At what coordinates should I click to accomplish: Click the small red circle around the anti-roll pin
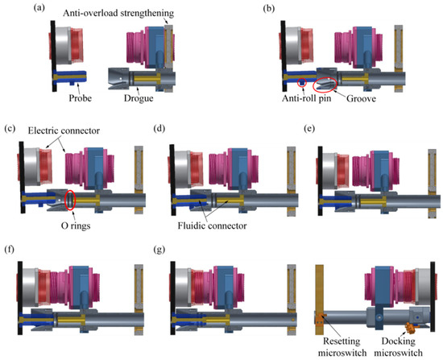[300, 82]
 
